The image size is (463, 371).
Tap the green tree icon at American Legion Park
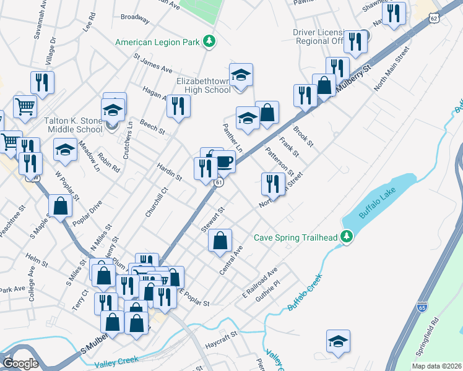tap(210, 41)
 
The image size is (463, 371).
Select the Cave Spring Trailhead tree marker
tap(347, 236)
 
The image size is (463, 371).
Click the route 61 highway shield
tap(219, 183)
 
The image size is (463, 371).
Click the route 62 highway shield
tap(435, 19)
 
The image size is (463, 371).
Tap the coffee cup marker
tap(224, 162)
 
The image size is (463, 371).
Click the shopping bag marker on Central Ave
tap(220, 241)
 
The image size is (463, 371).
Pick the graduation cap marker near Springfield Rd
tap(338, 341)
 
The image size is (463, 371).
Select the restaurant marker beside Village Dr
tap(42, 83)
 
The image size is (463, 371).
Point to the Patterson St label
tap(279, 160)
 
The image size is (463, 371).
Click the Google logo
tap(20, 363)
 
